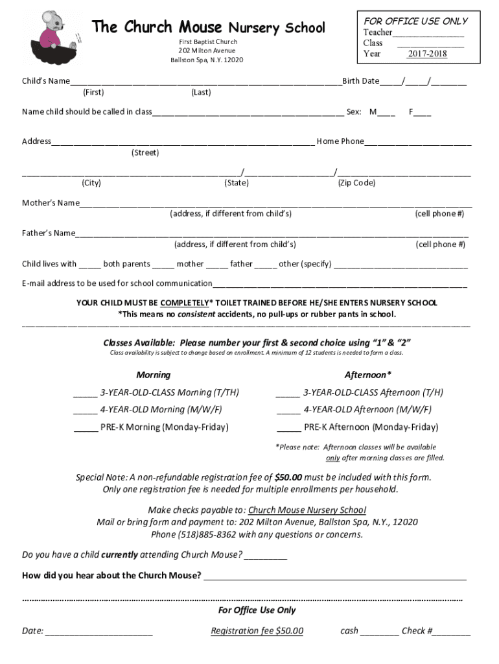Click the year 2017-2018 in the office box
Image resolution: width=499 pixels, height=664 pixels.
coord(426,54)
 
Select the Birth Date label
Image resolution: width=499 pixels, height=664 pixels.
coord(361,81)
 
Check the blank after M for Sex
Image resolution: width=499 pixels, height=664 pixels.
coord(386,113)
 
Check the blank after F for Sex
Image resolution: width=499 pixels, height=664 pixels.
coord(423,113)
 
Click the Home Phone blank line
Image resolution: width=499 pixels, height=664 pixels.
coord(417,142)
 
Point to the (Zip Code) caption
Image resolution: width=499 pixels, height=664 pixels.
coord(356,183)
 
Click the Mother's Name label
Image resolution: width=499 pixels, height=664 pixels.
coord(51,203)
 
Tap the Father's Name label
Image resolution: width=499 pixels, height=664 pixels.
coord(49,233)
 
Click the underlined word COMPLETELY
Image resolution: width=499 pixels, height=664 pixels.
coord(184,303)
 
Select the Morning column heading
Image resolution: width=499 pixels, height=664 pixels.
coord(154,375)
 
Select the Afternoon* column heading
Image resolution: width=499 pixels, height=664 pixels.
coord(367,375)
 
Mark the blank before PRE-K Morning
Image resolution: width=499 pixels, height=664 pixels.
coord(86,428)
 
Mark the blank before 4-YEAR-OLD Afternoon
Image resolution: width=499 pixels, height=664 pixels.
coord(288,410)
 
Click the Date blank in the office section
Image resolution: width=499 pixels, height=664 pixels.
coord(99,632)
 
